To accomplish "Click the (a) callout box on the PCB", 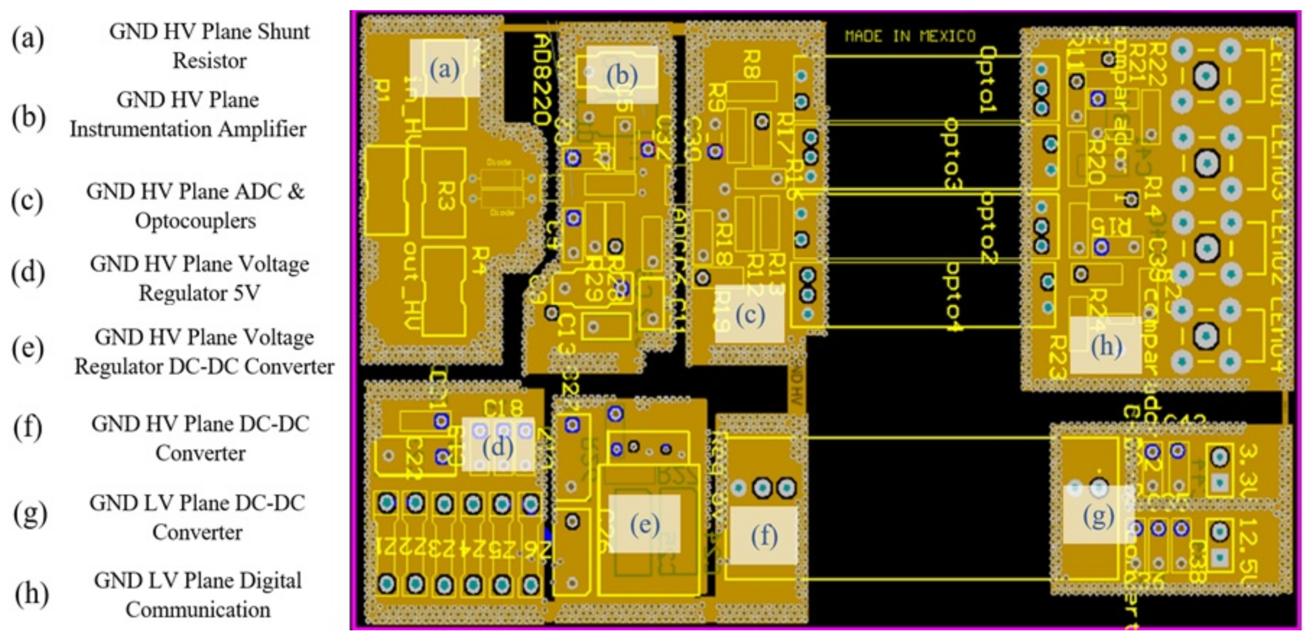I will pos(445,68).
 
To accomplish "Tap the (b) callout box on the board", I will pos(622,75).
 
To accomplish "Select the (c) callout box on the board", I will pos(749,314).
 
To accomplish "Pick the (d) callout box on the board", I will pos(498,445).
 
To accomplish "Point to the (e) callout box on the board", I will pos(645,524).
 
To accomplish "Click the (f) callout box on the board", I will pos(763,536).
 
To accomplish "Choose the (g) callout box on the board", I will pos(1098,514).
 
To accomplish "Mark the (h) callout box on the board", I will pos(1106,345).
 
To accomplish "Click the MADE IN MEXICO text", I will pos(910,36).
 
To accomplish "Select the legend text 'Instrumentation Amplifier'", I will pos(188,129).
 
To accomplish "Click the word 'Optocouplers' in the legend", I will pos(195,221).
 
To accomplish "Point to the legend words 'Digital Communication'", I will pos(198,595).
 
